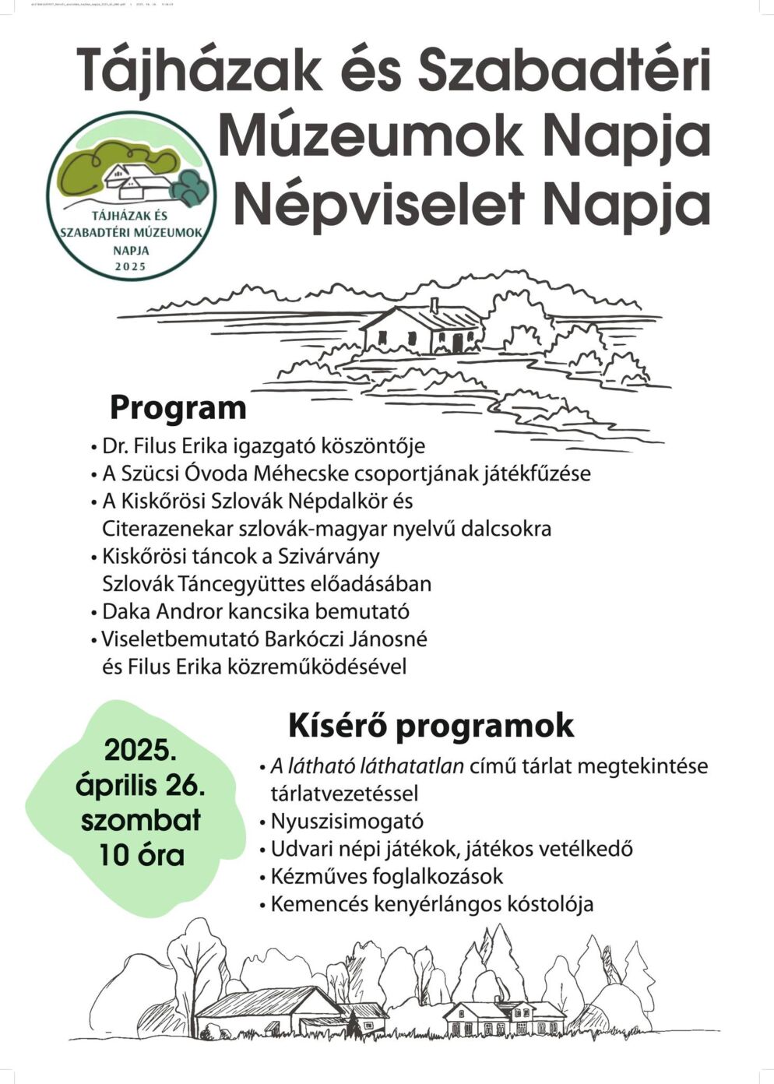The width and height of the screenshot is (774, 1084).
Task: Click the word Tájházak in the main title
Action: pyautogui.click(x=199, y=70)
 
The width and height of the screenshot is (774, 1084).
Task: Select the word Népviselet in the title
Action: pyautogui.click(x=378, y=204)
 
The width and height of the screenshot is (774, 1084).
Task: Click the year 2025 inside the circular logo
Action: pyautogui.click(x=129, y=266)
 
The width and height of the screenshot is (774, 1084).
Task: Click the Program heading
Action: pyautogui.click(x=178, y=408)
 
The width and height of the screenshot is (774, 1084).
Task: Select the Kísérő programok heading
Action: pyautogui.click(x=431, y=725)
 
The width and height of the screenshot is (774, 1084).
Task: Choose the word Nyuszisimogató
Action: pyautogui.click(x=347, y=822)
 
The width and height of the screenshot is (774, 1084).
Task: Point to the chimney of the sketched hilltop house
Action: pyautogui.click(x=434, y=304)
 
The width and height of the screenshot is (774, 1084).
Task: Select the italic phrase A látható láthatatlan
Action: pyautogui.click(x=367, y=766)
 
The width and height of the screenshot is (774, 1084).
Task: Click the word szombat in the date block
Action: pyautogui.click(x=141, y=820)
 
